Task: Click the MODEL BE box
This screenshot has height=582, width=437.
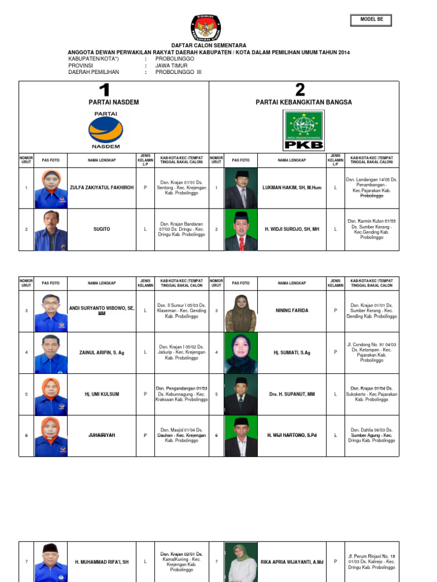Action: pyautogui.click(x=372, y=20)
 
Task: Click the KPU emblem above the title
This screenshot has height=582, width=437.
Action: pyautogui.click(x=205, y=28)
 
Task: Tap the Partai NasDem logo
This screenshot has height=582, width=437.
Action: pyautogui.click(x=105, y=130)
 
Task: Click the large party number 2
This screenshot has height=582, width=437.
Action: pyautogui.click(x=300, y=89)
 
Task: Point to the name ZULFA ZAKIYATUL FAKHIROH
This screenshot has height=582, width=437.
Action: pyautogui.click(x=101, y=188)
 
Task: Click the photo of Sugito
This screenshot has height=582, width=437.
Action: pyautogui.click(x=51, y=230)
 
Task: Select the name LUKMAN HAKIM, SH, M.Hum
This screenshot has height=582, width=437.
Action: pyautogui.click(x=292, y=188)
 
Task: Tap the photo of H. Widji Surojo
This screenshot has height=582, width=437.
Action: pyautogui.click(x=241, y=230)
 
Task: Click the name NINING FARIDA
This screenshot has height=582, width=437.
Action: pyautogui.click(x=292, y=311)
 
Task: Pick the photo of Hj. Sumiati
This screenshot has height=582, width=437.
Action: pyautogui.click(x=241, y=353)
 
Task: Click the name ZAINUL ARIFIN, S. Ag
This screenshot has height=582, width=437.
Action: pyautogui.click(x=101, y=353)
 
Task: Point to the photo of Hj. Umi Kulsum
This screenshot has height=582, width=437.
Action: pyautogui.click(x=51, y=394)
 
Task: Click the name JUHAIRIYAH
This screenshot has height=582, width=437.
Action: pyautogui.click(x=101, y=435)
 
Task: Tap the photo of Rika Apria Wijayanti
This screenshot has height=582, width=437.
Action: pyautogui.click(x=241, y=562)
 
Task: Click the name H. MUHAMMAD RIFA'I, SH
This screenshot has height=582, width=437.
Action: pyautogui.click(x=101, y=562)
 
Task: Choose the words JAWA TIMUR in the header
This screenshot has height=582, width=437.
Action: pyautogui.click(x=171, y=65)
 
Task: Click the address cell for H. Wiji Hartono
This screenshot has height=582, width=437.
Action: pyautogui.click(x=372, y=435)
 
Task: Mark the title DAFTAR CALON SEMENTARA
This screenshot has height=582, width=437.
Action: pyautogui.click(x=209, y=45)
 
